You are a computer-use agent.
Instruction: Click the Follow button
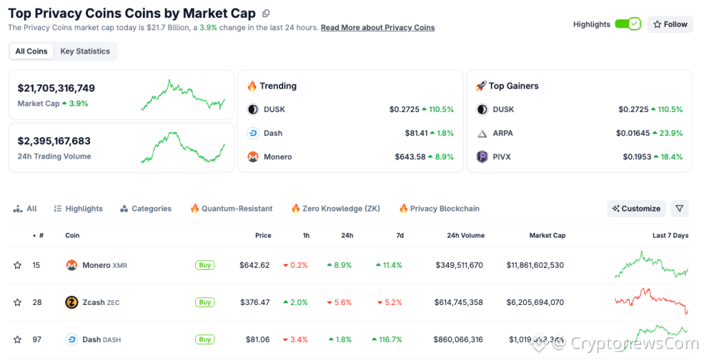click(670, 24)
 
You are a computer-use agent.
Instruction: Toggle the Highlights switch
click(627, 24)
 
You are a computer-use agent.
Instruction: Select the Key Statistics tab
click(85, 52)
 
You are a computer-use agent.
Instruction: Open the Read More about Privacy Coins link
click(377, 27)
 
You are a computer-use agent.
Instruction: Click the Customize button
click(637, 209)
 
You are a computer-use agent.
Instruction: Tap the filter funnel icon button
click(679, 209)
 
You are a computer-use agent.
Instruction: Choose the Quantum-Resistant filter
click(231, 209)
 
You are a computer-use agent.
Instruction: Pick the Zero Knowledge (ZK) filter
click(335, 209)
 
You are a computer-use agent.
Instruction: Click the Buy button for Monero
click(204, 265)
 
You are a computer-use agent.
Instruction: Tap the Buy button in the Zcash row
click(204, 302)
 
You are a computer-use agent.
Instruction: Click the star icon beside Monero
click(17, 265)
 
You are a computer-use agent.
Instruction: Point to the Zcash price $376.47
click(254, 302)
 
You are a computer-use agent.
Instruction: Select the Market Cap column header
click(547, 236)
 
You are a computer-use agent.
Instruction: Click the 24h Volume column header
click(465, 236)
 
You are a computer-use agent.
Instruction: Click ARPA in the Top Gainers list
click(502, 133)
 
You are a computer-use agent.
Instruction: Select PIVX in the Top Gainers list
click(502, 157)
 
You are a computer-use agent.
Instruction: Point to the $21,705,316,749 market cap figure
click(56, 89)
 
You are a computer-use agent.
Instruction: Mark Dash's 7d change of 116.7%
click(390, 339)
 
